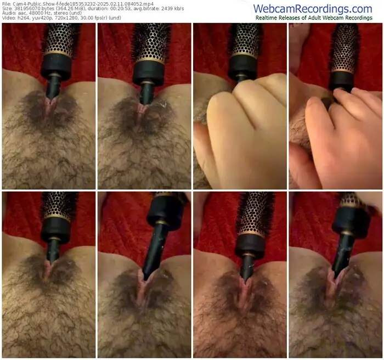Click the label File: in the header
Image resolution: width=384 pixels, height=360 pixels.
coord(7,4)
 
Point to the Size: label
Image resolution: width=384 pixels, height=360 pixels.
coord(7,9)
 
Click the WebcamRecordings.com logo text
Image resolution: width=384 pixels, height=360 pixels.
coord(313,9)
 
